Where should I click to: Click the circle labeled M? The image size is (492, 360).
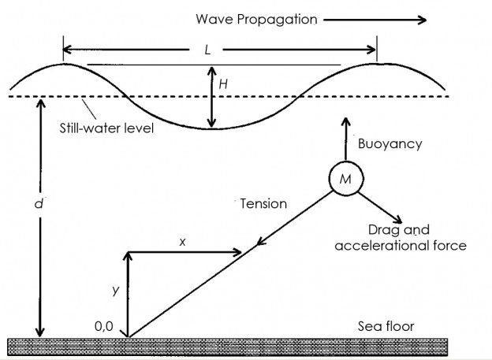tap(345, 181)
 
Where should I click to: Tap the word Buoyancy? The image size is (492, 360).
tap(390, 143)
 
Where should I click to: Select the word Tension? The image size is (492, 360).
tap(263, 204)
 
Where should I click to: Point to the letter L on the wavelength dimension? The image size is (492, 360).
tap(207, 49)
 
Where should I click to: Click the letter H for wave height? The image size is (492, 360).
tap(225, 82)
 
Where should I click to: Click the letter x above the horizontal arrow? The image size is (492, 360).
tap(183, 242)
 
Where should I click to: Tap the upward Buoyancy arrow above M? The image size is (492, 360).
tap(344, 139)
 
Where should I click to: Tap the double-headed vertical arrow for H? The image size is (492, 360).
tap(211, 97)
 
